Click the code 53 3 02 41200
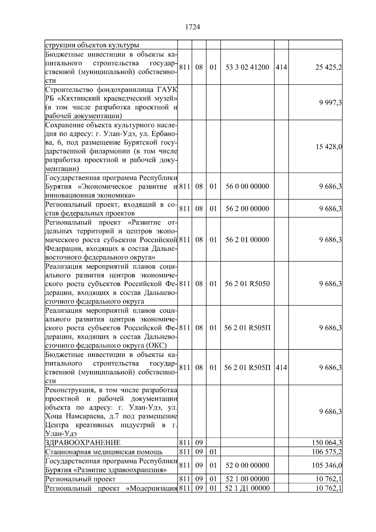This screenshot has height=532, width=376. pos(247,67)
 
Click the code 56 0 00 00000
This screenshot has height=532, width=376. pos(247,186)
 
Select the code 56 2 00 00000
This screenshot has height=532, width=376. pos(247,209)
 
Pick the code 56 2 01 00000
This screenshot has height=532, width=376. pos(247,240)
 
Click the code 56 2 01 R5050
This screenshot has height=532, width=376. pos(247,284)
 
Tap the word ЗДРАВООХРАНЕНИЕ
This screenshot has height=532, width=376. pos(83,443)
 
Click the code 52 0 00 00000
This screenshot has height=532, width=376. pos(247,465)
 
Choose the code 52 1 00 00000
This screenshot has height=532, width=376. pos(247,479)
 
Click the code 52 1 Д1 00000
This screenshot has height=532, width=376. pos(247,488)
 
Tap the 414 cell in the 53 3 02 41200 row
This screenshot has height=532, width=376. pos(281,67)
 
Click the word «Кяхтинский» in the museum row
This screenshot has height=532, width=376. pos(82,98)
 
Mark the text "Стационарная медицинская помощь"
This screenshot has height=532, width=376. pos(104,452)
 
